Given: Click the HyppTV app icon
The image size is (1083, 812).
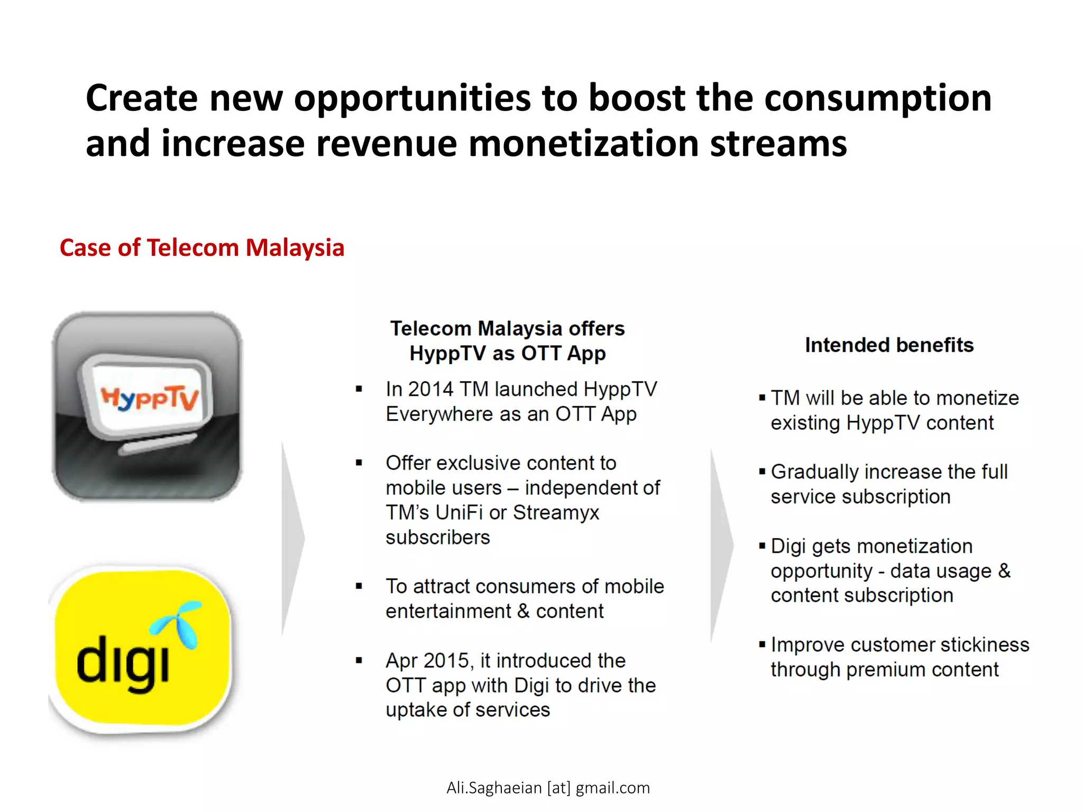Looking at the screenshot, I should [x=147, y=406].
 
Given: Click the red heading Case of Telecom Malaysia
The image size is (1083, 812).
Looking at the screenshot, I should [x=201, y=247].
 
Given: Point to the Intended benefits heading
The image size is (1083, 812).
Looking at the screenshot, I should [x=889, y=345].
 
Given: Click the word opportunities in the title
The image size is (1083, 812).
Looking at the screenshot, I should [x=412, y=98].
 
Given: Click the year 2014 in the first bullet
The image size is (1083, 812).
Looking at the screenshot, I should [x=430, y=389].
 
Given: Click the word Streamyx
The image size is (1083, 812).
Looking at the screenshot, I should [x=556, y=512].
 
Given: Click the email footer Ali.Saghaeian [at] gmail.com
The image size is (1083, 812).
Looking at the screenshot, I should [x=548, y=788].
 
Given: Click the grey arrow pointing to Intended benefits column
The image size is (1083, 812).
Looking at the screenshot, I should [x=721, y=545].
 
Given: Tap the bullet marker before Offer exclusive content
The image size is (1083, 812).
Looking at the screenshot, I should [x=359, y=463].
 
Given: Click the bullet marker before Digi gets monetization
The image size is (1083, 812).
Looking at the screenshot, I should [x=762, y=546].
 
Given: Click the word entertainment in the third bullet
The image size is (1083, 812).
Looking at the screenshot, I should [x=448, y=611].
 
